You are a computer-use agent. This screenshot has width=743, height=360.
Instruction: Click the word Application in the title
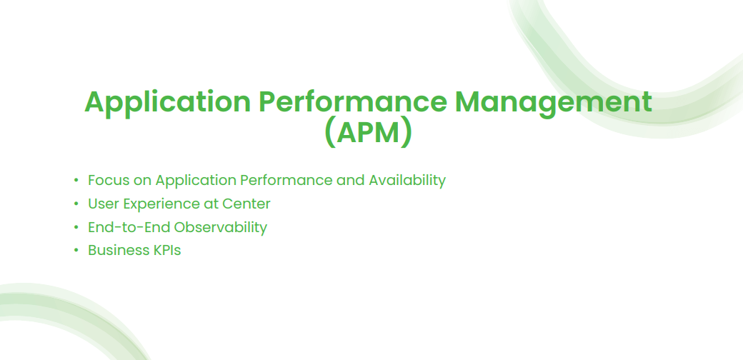(x=167, y=103)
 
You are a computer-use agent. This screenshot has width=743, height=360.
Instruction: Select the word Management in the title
(x=553, y=103)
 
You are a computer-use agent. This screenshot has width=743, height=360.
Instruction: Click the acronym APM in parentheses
(x=368, y=133)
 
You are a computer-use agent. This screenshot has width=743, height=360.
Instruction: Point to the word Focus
(x=108, y=181)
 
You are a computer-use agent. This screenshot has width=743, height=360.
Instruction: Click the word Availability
(x=407, y=181)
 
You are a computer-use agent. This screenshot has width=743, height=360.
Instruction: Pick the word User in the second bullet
(x=104, y=204)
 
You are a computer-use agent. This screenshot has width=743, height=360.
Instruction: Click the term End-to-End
(x=129, y=227)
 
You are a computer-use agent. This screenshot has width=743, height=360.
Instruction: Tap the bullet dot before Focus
(x=76, y=181)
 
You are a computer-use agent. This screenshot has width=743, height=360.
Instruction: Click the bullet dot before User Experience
(x=76, y=204)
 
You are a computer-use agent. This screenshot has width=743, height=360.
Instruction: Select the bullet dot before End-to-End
(x=76, y=227)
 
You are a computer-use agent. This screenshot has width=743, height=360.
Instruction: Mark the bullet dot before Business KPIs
(x=76, y=251)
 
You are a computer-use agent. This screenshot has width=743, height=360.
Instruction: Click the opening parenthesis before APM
(x=330, y=134)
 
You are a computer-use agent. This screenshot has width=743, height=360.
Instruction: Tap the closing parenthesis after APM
(x=407, y=134)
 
